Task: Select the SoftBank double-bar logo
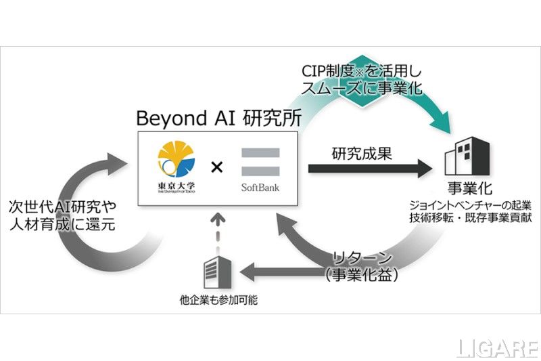pyautogui.click(x=260, y=163)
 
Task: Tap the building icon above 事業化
pyautogui.click(x=467, y=156)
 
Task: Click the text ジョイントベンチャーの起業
pyautogui.click(x=467, y=206)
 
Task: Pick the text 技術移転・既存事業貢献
pyautogui.click(x=467, y=219)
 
